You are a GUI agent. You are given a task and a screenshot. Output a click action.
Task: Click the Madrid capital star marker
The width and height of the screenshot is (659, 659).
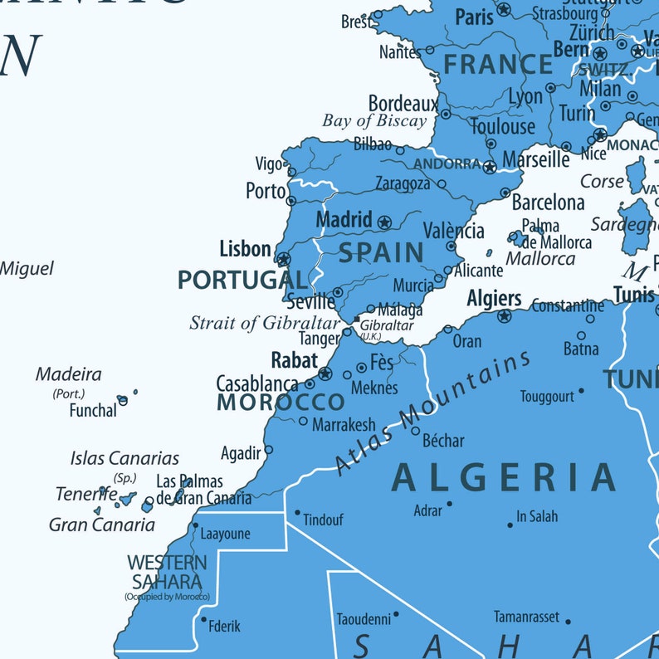coord(384,222)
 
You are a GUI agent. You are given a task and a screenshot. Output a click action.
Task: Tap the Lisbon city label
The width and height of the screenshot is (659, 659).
coord(245,249)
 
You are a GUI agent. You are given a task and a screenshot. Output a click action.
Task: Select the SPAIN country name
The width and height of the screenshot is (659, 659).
coord(381,253)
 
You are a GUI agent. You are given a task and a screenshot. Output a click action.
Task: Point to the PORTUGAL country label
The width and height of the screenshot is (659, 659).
coord(242,281)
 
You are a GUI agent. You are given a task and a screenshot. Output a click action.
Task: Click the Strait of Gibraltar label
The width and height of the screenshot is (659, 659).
coord(265,323)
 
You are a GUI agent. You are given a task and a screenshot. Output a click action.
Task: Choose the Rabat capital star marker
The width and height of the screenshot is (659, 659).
coord(325,373)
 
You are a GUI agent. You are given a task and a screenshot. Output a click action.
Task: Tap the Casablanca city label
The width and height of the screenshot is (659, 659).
coord(256,384)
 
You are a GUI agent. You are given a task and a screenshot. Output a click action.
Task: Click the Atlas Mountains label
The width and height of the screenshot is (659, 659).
coord(432,412)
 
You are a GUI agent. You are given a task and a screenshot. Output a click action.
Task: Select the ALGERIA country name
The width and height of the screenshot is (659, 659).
coord(504,478)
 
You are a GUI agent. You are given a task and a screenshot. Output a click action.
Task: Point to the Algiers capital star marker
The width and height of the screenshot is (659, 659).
coord(504,316)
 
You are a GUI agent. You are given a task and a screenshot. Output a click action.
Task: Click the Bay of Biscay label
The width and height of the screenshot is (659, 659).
coord(373,121)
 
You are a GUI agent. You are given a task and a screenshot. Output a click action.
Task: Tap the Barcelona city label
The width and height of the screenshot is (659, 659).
coord(548,203)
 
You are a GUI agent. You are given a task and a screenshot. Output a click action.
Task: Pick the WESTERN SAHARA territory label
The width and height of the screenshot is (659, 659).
coord(167,572)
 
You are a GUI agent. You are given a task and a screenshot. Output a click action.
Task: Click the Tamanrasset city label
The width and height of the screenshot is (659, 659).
coord(527,618)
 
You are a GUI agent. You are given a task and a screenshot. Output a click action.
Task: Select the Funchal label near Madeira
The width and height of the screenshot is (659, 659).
coord(92,410)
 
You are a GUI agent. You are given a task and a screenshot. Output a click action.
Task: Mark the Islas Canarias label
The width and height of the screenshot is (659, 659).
coord(124,458)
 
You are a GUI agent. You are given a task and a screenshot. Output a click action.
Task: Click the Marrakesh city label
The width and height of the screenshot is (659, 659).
coord(344,425)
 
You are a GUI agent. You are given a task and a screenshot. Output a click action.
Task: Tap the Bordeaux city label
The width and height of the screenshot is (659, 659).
coord(403,104)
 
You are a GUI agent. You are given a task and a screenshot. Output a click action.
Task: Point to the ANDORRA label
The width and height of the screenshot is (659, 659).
coord(447,164)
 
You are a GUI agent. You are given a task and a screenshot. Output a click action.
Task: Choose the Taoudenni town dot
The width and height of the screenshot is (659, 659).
coord(396,614)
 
